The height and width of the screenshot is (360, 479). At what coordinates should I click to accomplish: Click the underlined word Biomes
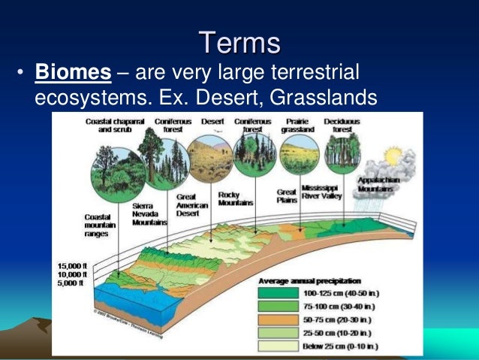pyautogui.click(x=74, y=73)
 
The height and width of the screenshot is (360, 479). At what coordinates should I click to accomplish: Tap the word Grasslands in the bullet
pyautogui.click(x=333, y=98)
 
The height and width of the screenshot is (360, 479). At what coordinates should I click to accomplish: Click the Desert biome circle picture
pyautogui.click(x=209, y=159)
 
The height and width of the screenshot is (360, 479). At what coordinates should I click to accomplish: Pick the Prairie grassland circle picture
pyautogui.click(x=299, y=155)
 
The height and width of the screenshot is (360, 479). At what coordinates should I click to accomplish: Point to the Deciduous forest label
pyautogui.click(x=342, y=125)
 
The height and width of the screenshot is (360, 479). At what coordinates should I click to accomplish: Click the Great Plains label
pyautogui.click(x=285, y=195)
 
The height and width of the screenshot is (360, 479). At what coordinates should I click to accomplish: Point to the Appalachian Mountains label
pyautogui.click(x=385, y=185)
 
